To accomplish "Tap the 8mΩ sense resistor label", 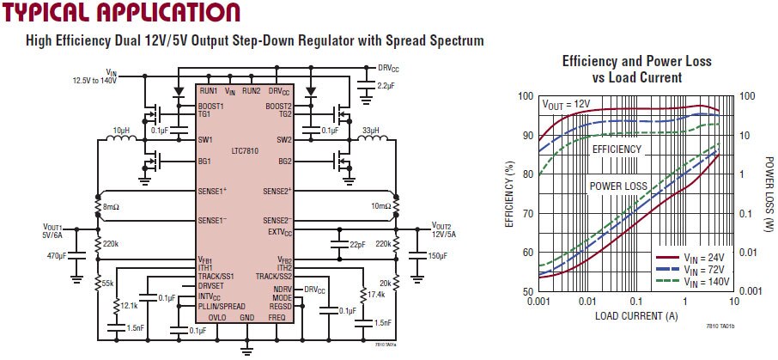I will (113, 207).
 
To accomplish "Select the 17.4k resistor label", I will (376, 295).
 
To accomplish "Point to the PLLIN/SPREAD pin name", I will (224, 306).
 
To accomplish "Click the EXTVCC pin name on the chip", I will (279, 232).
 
